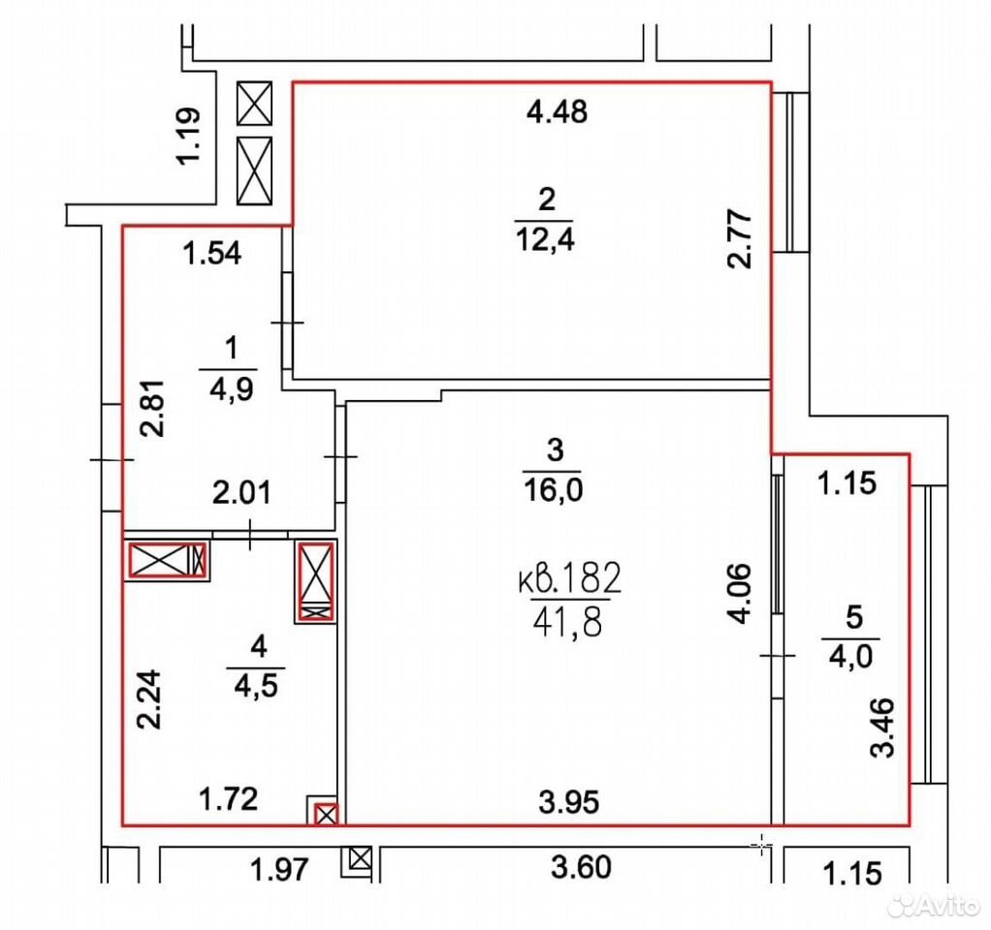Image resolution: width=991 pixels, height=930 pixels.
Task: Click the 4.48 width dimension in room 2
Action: (557, 111)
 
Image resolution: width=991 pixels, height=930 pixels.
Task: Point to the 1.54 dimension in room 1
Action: (211, 253)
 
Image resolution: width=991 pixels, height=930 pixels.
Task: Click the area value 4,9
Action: (232, 388)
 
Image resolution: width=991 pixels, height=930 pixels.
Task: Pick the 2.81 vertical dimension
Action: (153, 408)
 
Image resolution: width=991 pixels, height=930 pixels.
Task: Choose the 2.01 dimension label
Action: (241, 492)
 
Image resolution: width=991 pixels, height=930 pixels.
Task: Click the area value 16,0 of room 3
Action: (553, 489)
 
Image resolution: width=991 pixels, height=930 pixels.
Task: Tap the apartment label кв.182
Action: (570, 577)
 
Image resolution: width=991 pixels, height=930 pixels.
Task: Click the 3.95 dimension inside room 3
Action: (569, 802)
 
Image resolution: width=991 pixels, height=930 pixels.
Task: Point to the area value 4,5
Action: (256, 686)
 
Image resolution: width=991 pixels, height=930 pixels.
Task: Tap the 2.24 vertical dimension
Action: (150, 699)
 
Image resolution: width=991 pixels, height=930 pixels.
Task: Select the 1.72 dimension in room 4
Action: (228, 799)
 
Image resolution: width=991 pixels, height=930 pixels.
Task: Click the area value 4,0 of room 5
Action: (850, 657)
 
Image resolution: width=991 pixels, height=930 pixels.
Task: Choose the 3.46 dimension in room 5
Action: (883, 728)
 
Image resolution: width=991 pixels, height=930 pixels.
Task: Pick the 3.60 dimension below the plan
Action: (581, 867)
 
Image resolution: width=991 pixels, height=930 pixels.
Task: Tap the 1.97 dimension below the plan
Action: (280, 869)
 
